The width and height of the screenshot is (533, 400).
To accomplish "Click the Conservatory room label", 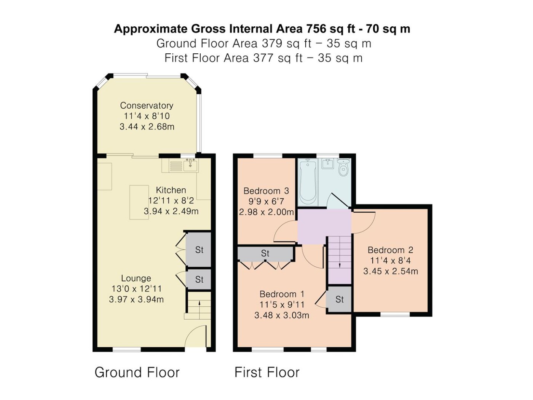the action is [x=147, y=106].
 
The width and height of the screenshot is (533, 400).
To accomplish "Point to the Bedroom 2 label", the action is [x=390, y=250].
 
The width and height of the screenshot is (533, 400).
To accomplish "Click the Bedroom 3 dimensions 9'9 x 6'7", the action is [x=266, y=202].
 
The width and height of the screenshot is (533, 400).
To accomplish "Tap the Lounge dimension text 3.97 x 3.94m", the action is [x=136, y=299].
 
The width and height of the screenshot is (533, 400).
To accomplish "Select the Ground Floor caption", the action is [x=137, y=372].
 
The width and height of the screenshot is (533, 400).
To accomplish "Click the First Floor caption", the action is [x=267, y=372].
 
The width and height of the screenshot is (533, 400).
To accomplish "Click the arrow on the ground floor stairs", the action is [x=199, y=310].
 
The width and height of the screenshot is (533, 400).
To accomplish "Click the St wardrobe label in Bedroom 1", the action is [x=265, y=254].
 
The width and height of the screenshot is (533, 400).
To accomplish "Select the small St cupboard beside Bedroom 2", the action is [x=339, y=299].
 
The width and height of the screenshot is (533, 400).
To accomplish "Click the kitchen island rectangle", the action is [x=139, y=202].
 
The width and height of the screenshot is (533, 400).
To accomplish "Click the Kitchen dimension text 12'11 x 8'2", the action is [x=171, y=201].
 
